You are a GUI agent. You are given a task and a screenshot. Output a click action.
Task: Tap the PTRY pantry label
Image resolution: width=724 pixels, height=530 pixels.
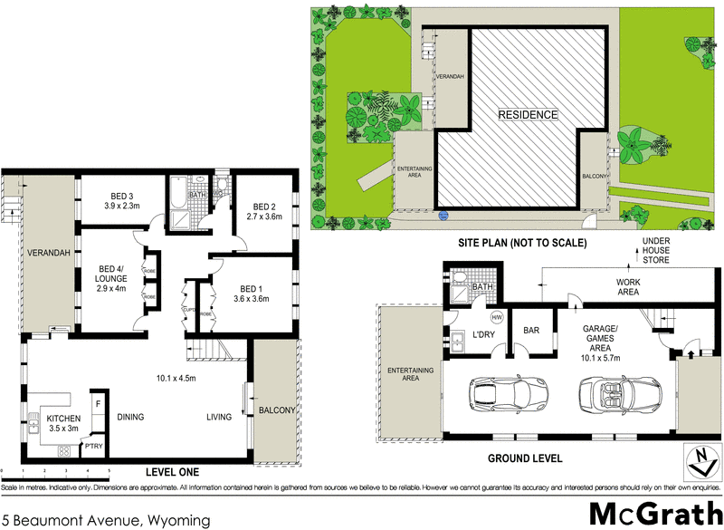(94, 447)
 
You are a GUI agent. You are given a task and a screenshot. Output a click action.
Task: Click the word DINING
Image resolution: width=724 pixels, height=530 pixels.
(131, 417)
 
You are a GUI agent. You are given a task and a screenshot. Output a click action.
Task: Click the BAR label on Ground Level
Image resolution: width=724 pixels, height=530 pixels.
(532, 331)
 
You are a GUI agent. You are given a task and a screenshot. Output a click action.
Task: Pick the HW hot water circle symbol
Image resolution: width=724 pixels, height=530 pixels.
(496, 318)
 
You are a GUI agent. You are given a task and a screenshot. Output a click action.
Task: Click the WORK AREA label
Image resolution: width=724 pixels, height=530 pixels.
(605, 287)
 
